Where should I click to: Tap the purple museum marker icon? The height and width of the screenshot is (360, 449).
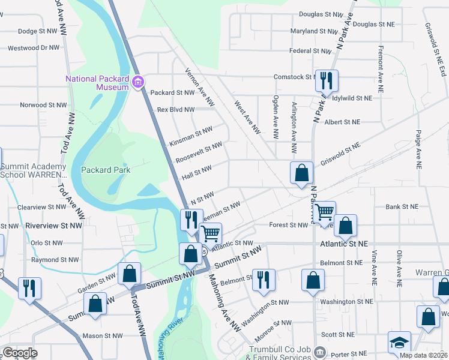pos(139,82)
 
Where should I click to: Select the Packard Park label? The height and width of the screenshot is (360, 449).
pos(106,170)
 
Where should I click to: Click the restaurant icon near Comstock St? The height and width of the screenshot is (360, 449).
pos(327,80)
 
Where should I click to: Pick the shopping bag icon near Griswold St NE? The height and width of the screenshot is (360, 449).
pos(301,173)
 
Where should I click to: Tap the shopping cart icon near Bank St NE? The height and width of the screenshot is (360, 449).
pos(324,211)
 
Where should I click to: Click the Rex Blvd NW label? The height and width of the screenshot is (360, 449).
pos(175,110)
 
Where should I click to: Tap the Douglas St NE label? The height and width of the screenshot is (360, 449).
pos(372,24)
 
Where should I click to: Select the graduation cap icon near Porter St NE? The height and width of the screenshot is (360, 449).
pos(399,342)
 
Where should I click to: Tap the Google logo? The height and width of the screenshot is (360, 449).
pos(20,352)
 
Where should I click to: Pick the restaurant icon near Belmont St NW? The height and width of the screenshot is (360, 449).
pos(264,280)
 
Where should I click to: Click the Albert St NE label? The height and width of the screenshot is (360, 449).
pos(342,122)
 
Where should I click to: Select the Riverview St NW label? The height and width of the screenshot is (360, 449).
pos(51,226)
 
